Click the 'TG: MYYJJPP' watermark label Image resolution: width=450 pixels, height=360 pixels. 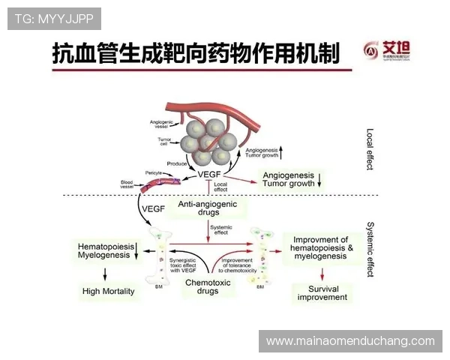53,18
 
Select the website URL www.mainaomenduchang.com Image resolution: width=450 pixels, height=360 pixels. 350,341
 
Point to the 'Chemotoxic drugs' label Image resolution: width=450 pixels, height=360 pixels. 200,287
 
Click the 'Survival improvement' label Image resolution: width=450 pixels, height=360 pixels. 322,292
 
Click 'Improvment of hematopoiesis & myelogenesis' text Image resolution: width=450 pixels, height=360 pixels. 319,247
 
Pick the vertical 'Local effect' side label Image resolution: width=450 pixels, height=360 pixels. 369,148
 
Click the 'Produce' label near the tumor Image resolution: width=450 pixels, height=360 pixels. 177,163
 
